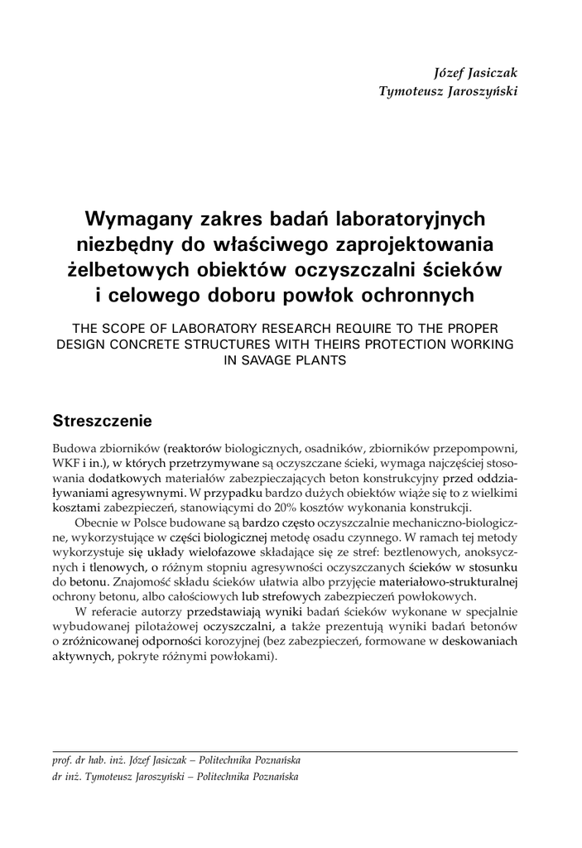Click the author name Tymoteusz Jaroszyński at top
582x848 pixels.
pyautogui.click(x=448, y=91)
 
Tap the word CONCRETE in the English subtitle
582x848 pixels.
pyautogui.click(x=143, y=343)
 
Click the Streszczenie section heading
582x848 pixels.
pyautogui.click(x=102, y=419)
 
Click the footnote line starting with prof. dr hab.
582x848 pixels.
pyautogui.click(x=176, y=759)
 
